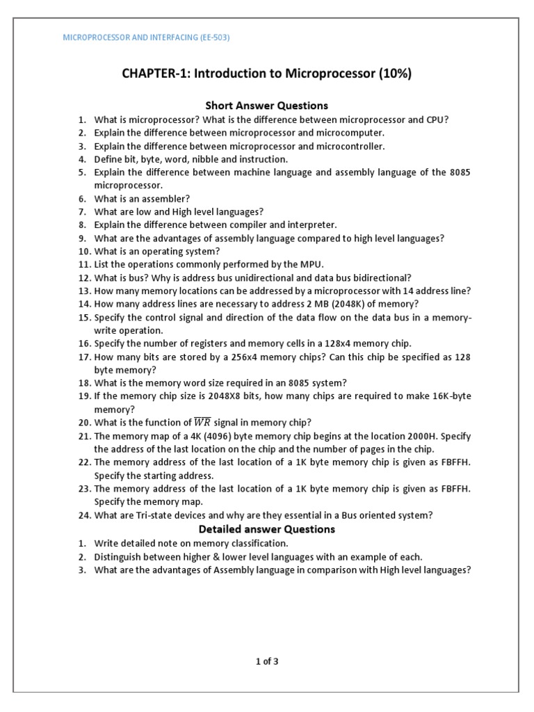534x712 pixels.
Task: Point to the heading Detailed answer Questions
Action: point(267,529)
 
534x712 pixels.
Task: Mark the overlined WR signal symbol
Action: point(201,423)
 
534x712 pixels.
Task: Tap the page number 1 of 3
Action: point(267,661)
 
